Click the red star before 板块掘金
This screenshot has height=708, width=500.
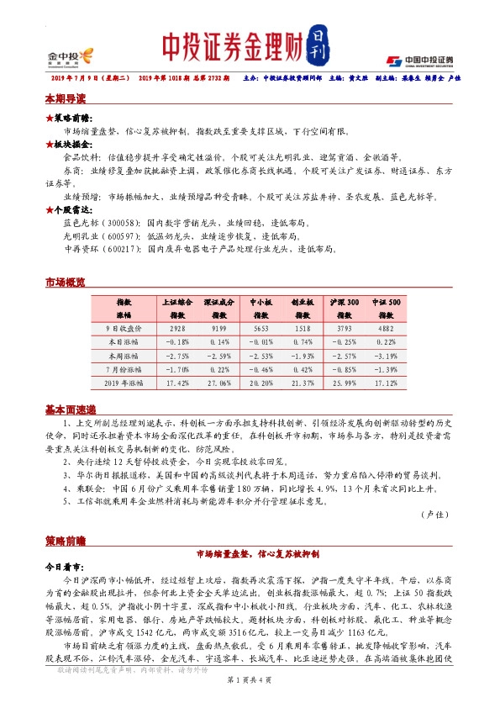[49, 144]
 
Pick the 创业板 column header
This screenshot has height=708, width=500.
[303, 300]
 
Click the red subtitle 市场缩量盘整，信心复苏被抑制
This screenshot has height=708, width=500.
[250, 555]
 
